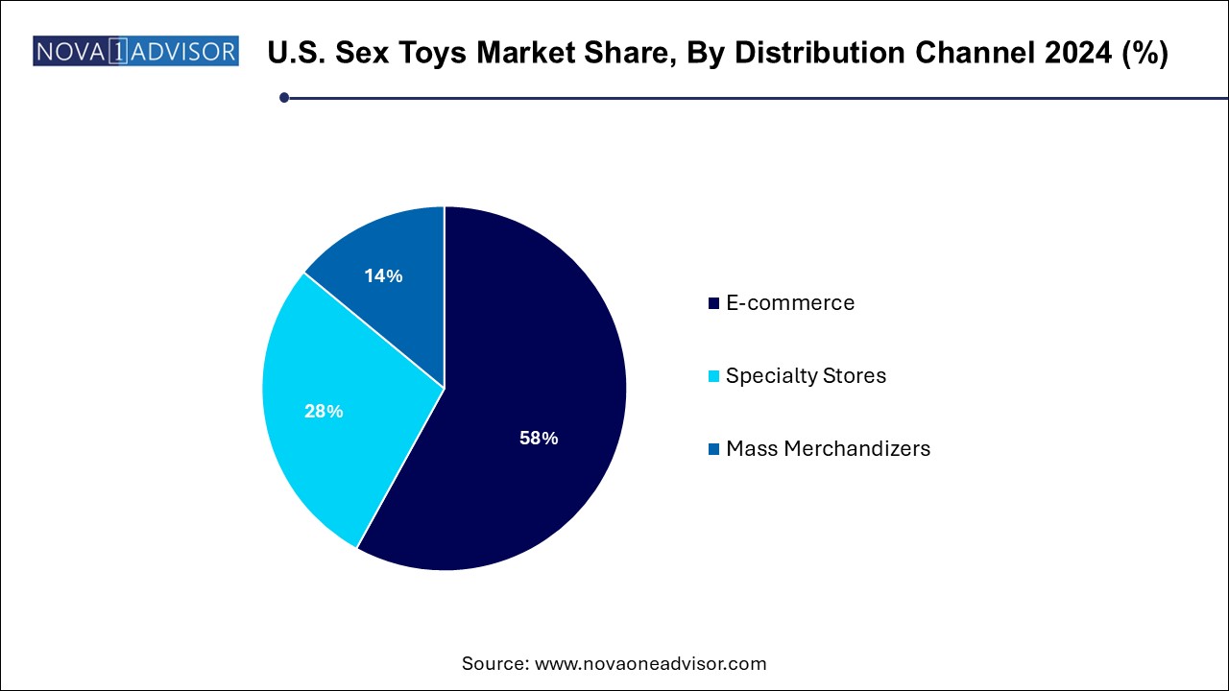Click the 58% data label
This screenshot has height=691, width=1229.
click(539, 439)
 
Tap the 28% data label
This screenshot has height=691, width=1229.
click(324, 412)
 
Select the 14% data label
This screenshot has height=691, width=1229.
click(383, 276)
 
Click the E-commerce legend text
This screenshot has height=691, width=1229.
click(789, 303)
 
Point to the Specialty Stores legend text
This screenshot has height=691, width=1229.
click(806, 375)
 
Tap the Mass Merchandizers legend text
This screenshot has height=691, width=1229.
click(828, 448)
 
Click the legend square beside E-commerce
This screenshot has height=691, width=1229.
click(713, 304)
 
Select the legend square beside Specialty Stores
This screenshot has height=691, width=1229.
click(713, 376)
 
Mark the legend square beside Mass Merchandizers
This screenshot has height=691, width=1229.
click(713, 449)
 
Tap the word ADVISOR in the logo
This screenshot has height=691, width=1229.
click(182, 52)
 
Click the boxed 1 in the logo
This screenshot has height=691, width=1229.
click(117, 52)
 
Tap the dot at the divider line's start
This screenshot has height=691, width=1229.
click(284, 97)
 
